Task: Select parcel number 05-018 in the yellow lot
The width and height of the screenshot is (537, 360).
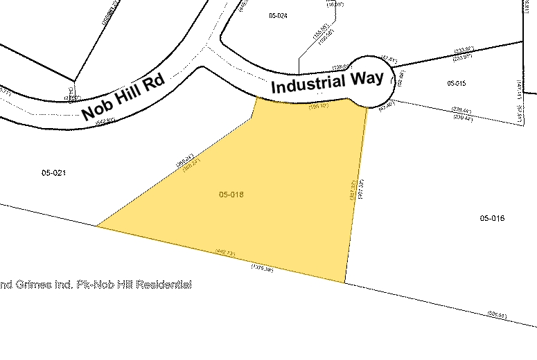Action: click(231, 195)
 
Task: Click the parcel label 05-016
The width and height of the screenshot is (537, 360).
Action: click(492, 218)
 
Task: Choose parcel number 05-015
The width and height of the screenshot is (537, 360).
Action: click(457, 83)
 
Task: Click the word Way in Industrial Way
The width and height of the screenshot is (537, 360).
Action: click(367, 78)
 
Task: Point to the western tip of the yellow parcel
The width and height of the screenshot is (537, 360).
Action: click(98, 226)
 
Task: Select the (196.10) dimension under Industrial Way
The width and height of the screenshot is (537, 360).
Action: click(318, 107)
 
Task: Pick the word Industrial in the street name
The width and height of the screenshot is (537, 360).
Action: click(307, 85)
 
